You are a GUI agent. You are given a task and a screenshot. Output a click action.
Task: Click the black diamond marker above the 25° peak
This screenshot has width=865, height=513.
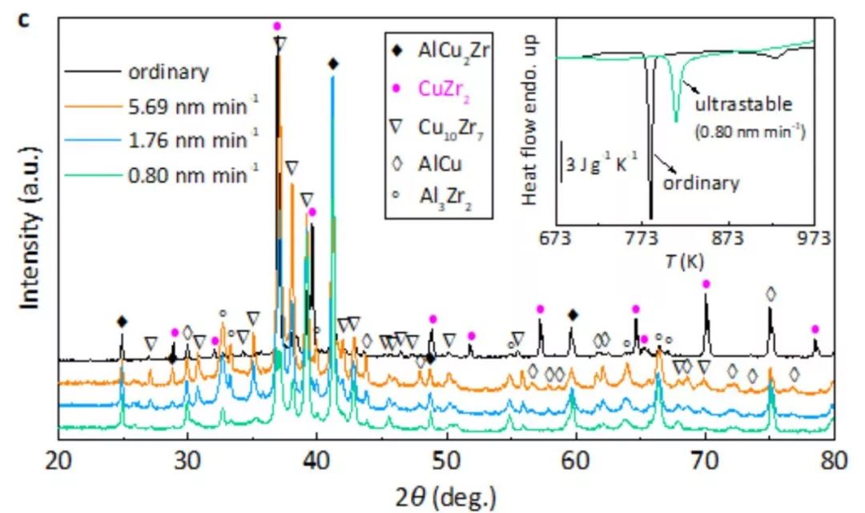[122, 322]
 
